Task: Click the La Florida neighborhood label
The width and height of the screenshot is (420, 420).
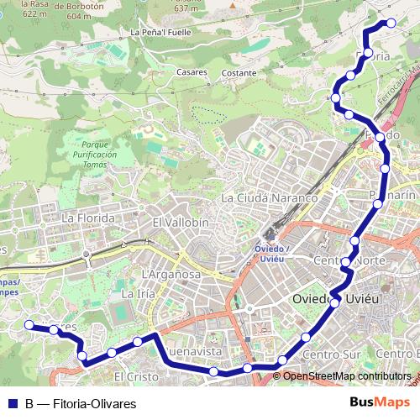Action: (88, 218)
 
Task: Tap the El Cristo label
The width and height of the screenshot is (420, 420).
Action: (135, 376)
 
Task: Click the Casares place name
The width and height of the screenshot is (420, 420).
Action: (192, 72)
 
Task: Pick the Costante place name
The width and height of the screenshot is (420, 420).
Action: (239, 73)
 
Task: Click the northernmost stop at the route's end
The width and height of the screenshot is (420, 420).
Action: (390, 24)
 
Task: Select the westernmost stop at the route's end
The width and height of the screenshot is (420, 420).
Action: (29, 324)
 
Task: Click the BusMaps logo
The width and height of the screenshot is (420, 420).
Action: (379, 403)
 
